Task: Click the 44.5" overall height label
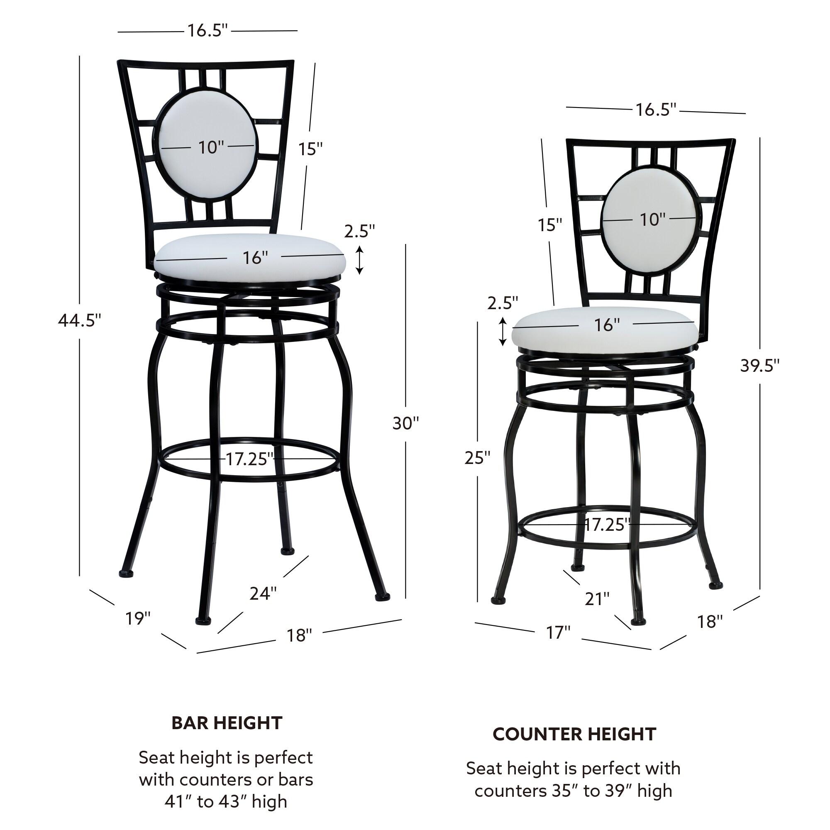80,320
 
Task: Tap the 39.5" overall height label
759,365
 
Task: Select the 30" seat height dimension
405,423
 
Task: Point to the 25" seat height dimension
477,458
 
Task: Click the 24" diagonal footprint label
263,594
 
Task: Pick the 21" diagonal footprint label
597,599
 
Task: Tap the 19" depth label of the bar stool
138,619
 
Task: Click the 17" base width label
558,632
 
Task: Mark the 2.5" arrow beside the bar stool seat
359,260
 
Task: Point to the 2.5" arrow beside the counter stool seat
502,331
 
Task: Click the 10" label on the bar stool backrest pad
211,147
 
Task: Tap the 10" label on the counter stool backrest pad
652,220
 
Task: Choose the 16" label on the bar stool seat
255,258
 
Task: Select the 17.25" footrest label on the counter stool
607,525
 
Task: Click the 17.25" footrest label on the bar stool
249,459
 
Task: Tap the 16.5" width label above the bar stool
207,30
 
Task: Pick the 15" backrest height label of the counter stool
550,225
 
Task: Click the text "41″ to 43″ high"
225,802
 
